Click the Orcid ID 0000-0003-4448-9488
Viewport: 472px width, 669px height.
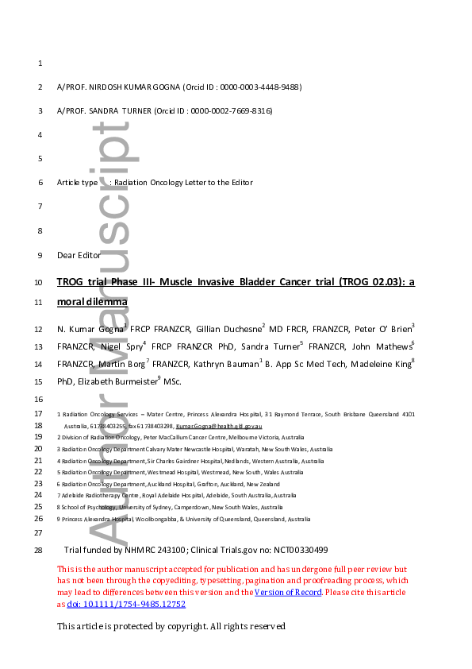[264, 87]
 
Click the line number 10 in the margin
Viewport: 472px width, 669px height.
[39, 282]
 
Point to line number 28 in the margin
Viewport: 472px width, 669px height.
[39, 550]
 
